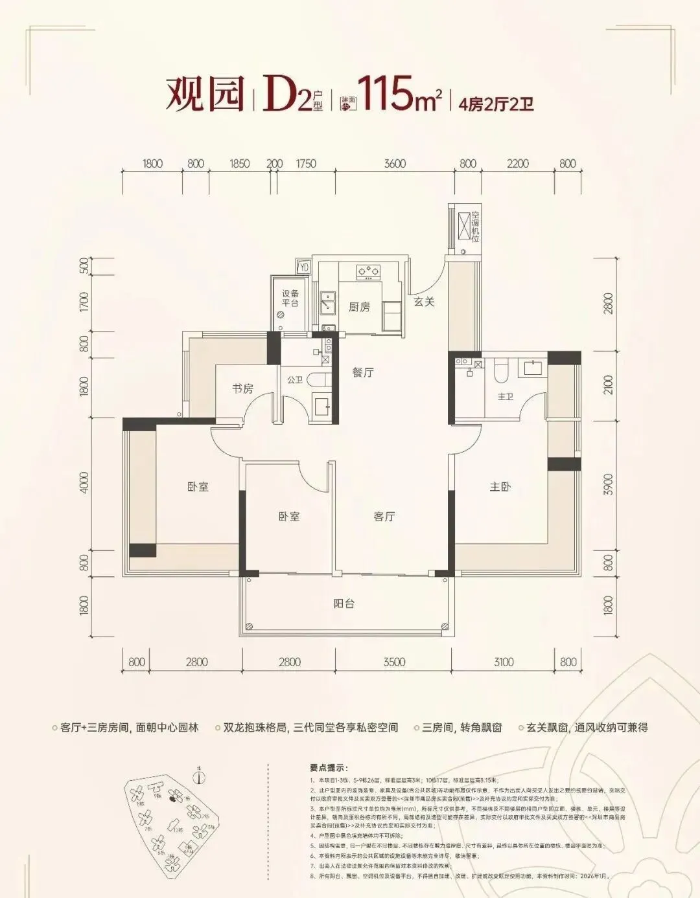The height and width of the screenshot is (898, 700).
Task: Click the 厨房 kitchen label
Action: click(359, 307)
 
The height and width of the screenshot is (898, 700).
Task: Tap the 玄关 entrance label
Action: click(424, 302)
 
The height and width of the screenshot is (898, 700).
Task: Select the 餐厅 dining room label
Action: click(363, 372)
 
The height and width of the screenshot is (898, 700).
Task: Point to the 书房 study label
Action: click(243, 388)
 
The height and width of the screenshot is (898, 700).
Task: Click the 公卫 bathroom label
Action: click(295, 380)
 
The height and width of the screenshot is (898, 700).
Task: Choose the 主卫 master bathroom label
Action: click(505, 396)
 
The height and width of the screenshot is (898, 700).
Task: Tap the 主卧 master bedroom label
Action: click(500, 487)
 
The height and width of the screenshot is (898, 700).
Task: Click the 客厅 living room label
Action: click(384, 517)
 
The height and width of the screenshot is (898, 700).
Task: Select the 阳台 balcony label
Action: click(344, 603)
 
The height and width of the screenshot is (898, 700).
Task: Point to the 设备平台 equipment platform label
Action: click(290, 298)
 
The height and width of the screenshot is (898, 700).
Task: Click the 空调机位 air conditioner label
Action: click(475, 227)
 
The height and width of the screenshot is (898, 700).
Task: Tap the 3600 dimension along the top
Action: click(394, 164)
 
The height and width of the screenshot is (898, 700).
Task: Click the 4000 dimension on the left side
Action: click(84, 483)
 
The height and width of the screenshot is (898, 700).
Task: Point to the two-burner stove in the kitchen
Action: click(368, 271)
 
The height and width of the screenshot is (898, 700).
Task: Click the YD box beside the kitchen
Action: click(304, 267)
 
